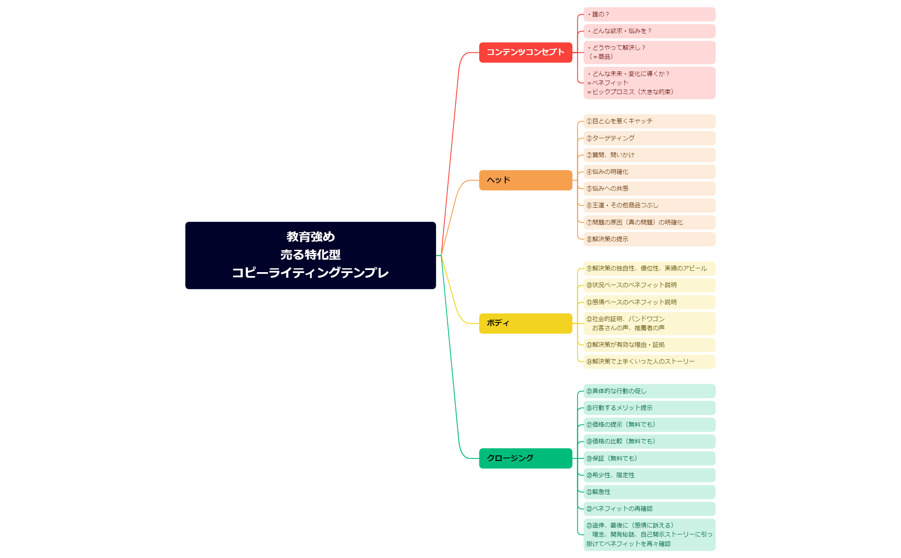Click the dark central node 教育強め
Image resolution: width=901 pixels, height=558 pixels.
pyautogui.click(x=310, y=255)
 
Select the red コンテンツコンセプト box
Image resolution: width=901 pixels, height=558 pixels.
pyautogui.click(x=525, y=52)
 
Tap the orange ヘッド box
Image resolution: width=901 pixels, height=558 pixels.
pyautogui.click(x=525, y=180)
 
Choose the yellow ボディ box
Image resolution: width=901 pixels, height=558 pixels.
pyautogui.click(x=525, y=323)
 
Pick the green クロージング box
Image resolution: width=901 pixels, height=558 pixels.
pyautogui.click(x=525, y=458)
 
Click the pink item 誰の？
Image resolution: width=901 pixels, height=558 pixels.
pyautogui.click(x=649, y=14)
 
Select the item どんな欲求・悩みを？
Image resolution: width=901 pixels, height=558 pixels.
pyautogui.click(x=649, y=31)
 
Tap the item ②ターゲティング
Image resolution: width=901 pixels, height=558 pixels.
pyautogui.click(x=649, y=138)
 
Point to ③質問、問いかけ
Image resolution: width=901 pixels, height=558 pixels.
pyautogui.click(x=649, y=155)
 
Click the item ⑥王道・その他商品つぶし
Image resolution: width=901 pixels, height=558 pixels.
pyautogui.click(x=649, y=205)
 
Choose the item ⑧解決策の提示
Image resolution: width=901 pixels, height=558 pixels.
pyautogui.click(x=649, y=239)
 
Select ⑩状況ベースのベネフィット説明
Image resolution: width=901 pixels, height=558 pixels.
pyautogui.click(x=649, y=285)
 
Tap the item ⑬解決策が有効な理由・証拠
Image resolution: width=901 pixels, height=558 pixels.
pyautogui.click(x=649, y=345)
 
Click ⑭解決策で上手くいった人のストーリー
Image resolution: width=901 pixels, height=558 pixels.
pyautogui.click(x=649, y=361)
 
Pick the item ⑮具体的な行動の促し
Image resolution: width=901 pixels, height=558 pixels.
pyautogui.click(x=649, y=391)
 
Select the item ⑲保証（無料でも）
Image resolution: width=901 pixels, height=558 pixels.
pyautogui.click(x=649, y=458)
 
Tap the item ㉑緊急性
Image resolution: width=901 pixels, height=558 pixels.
pyautogui.click(x=649, y=492)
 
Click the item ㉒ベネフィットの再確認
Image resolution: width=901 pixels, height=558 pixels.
pyautogui.click(x=649, y=509)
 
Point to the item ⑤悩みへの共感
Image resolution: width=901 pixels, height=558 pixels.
pyautogui.click(x=649, y=188)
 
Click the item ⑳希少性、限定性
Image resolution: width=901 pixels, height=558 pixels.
pyautogui.click(x=649, y=475)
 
